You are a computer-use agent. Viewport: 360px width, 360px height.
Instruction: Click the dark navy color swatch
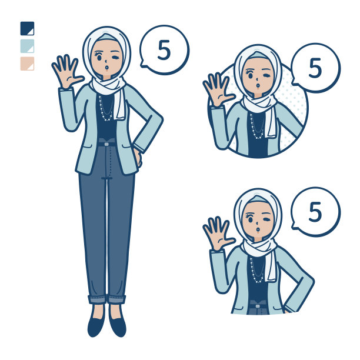pyautogui.click(x=27, y=28)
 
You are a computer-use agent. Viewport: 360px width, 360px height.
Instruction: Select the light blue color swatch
pyautogui.click(x=27, y=46)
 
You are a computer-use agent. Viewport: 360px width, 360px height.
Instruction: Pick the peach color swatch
pyautogui.click(x=27, y=64)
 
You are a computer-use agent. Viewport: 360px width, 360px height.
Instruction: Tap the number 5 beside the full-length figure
pyautogui.click(x=164, y=50)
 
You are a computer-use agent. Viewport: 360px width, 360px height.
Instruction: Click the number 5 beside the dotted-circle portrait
pyautogui.click(x=315, y=68)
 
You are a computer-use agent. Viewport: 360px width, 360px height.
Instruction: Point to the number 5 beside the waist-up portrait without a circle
pyautogui.click(x=315, y=212)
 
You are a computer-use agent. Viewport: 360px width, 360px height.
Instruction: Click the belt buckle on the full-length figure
pyautogui.click(x=106, y=144)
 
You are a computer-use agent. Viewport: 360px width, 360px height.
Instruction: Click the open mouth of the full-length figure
pyautogui.click(x=106, y=67)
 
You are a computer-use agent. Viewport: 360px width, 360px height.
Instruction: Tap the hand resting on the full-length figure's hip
pyautogui.click(x=138, y=158)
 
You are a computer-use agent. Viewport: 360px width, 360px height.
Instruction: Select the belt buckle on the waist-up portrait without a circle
pyautogui.click(x=258, y=306)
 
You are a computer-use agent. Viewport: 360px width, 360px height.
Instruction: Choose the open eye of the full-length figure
pyautogui.click(x=99, y=56)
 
